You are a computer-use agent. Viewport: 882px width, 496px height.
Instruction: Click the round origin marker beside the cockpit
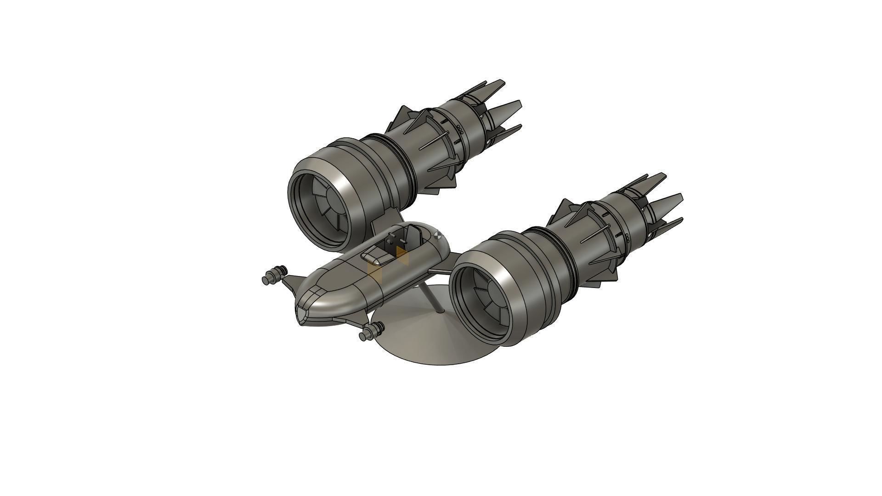pos(437,236)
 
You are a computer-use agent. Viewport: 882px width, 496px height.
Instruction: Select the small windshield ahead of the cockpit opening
pos(373,259)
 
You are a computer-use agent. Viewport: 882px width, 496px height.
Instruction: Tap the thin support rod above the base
pos(433,299)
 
